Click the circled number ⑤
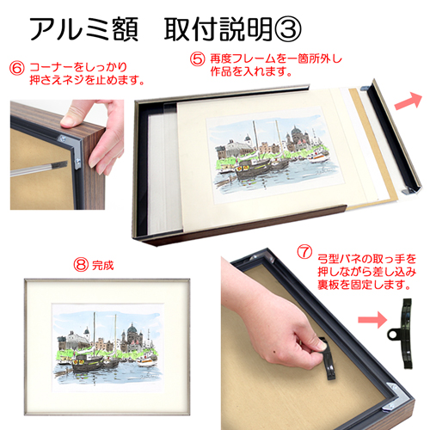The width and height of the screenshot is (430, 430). click(197, 59)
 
